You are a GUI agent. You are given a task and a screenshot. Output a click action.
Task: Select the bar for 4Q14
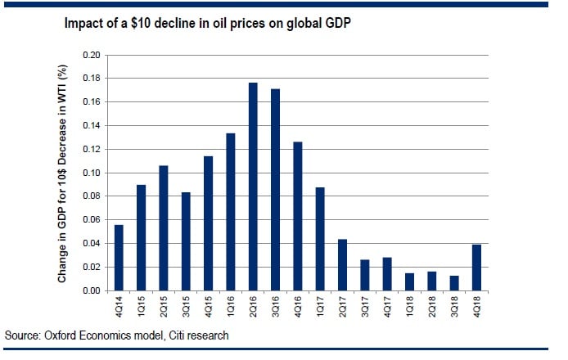pos(119,258)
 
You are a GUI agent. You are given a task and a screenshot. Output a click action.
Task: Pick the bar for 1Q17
pos(319,239)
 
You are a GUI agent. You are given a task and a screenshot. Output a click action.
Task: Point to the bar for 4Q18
pos(476,268)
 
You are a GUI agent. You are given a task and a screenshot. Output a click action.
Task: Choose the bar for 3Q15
pos(186,241)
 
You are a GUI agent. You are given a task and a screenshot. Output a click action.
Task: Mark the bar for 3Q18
pos(453,283)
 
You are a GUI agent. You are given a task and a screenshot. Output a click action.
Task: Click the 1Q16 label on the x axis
pos(231,308)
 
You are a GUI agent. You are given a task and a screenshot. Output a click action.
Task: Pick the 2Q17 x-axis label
pos(342,308)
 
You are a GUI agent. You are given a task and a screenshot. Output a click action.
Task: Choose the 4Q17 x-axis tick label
pos(387,308)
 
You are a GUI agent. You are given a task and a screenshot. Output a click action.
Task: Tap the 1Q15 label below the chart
pos(142,308)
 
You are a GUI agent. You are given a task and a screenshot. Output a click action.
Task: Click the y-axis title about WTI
pos(62,173)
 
